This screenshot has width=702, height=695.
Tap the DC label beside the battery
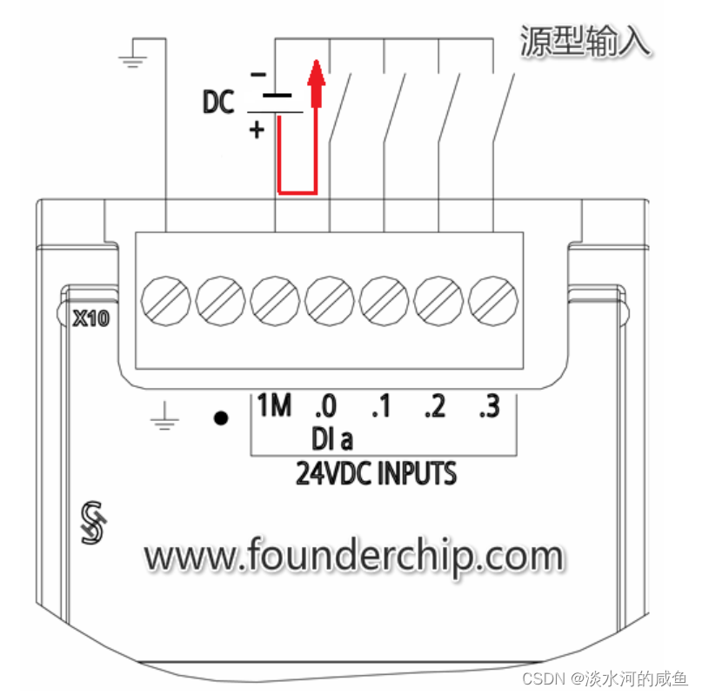(x=218, y=104)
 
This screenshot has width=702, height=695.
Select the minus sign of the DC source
(x=257, y=76)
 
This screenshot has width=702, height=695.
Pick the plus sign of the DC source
(x=257, y=131)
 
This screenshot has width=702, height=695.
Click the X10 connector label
(x=90, y=318)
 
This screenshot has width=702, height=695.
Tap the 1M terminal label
(x=274, y=406)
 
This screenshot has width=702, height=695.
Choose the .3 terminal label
(x=489, y=406)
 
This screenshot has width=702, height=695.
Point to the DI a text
(x=331, y=437)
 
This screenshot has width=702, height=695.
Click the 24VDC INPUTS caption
(x=376, y=475)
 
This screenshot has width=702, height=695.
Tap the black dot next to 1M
(x=222, y=418)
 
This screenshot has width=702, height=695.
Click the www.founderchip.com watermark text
(x=353, y=554)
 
